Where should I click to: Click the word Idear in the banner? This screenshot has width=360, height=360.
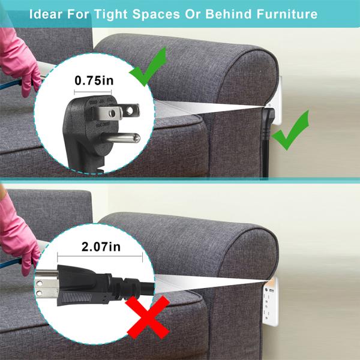(x=46, y=14)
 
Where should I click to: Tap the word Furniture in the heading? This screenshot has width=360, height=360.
(x=287, y=14)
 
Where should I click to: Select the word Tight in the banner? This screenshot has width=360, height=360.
(x=110, y=14)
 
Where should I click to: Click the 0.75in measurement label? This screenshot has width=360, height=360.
(x=94, y=81)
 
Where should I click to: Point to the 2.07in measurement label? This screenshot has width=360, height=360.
(x=101, y=247)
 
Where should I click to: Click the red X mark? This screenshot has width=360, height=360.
(x=148, y=317)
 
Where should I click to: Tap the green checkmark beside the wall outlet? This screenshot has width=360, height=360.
(x=290, y=130)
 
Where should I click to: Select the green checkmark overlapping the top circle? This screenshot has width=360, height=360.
(x=148, y=67)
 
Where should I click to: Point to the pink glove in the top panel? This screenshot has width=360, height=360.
(x=20, y=62)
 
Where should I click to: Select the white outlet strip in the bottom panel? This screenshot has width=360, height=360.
(x=271, y=302)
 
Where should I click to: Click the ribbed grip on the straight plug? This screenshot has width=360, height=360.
(x=77, y=298)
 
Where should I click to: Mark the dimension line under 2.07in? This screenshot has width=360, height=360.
(x=100, y=256)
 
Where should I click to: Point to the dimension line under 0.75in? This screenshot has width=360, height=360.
(x=93, y=92)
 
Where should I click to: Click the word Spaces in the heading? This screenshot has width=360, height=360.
(x=157, y=14)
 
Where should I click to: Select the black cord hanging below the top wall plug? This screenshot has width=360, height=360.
(x=266, y=156)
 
